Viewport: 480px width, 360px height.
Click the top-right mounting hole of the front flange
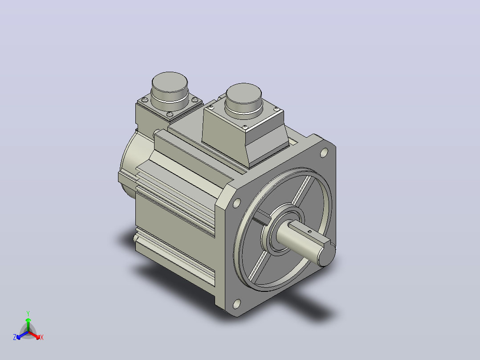324,152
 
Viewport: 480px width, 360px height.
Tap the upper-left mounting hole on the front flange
236,203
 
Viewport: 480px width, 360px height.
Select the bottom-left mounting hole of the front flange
236,303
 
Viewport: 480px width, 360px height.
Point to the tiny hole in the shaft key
309,232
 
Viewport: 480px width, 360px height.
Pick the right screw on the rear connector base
195,99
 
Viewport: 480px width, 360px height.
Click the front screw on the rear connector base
170,115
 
